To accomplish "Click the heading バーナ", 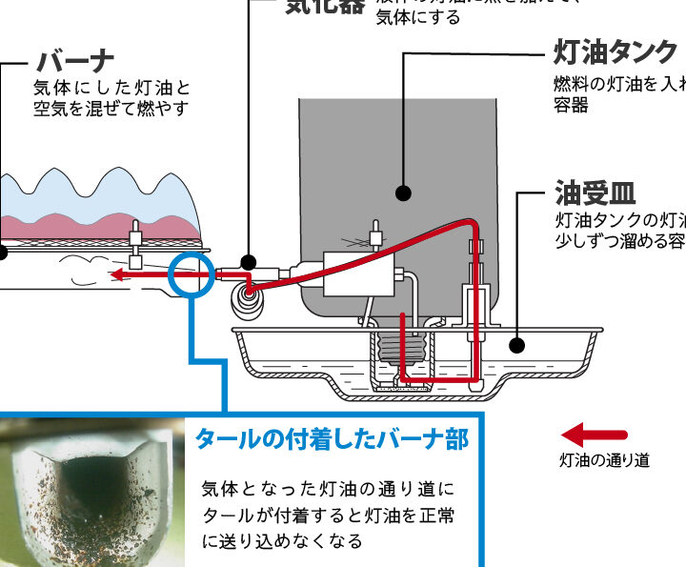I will (x=75, y=62).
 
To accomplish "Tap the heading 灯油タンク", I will (x=615, y=51).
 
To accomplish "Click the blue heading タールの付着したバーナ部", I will (x=332, y=439).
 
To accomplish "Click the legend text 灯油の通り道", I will (x=604, y=461).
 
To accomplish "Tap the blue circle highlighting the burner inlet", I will (x=189, y=274).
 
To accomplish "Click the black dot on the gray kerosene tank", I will (x=403, y=193).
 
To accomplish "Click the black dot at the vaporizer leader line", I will (x=249, y=262).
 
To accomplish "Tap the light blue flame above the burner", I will (x=105, y=195).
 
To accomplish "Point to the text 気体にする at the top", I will (x=418, y=17).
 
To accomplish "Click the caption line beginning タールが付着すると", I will (x=329, y=516).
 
